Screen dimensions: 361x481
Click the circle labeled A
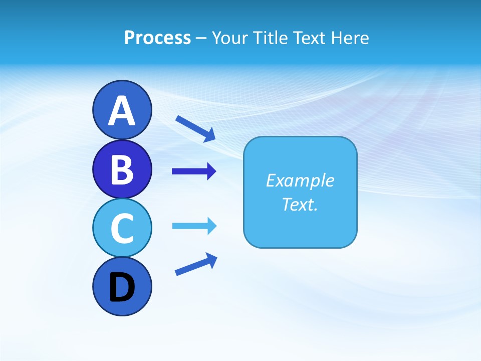(122, 110)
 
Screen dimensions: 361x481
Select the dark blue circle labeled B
(122, 169)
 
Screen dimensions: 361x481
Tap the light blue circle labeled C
(122, 228)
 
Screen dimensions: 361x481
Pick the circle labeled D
(122, 286)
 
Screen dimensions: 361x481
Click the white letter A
(122, 111)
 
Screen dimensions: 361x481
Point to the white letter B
(122, 169)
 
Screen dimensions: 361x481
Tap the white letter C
(122, 228)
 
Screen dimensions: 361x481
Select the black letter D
(122, 287)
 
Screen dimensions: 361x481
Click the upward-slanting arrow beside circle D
(196, 264)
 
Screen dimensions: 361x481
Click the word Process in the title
(157, 38)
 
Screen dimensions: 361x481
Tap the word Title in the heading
(271, 38)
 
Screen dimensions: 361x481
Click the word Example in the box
(300, 180)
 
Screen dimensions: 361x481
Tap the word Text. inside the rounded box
(300, 204)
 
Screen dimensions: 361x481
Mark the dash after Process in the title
(201, 38)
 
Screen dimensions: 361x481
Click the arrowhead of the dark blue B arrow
(211, 171)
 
